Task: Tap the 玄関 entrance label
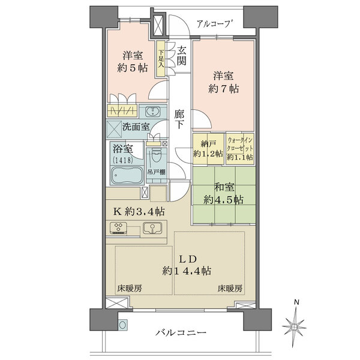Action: (181, 56)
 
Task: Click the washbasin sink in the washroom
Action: (152, 111)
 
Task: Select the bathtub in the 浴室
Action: (127, 175)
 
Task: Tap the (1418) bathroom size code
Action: (122, 160)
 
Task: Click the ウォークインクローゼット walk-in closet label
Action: (240, 148)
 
